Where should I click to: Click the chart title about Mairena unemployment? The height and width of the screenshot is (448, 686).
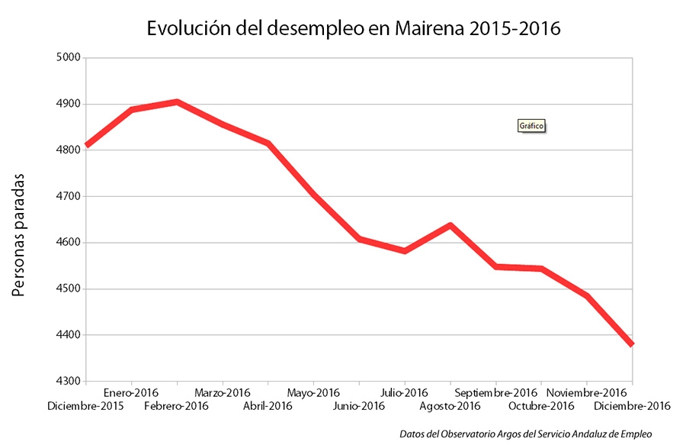tap(353, 29)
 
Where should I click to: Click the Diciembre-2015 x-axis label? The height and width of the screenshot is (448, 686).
tap(85, 406)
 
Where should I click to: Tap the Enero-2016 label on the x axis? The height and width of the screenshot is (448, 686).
tap(131, 394)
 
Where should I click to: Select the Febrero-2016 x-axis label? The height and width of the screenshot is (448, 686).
tap(176, 406)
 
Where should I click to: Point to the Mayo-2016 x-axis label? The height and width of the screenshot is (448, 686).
tap(313, 394)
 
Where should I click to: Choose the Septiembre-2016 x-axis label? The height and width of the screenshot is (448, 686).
tap(495, 394)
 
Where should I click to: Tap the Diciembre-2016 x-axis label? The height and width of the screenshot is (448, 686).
tap(632, 406)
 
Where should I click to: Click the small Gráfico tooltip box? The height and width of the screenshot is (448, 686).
tap(532, 126)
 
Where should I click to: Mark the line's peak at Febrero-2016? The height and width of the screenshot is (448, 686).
tap(177, 102)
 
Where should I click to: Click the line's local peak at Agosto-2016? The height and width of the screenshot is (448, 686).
tap(450, 225)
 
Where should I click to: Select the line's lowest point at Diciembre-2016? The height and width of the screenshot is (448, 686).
tap(631, 343)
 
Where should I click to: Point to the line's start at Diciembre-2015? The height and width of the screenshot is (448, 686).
tap(88, 144)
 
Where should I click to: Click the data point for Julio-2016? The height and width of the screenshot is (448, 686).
tap(404, 250)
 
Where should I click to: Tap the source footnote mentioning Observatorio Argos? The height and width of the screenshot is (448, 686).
tap(526, 433)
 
